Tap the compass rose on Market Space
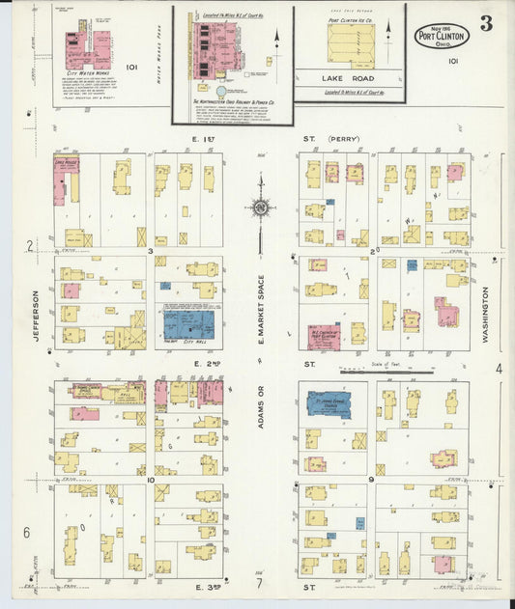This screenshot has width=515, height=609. [x=260, y=205]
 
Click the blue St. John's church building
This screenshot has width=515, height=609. [x=329, y=403]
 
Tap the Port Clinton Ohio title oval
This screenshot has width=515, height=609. [x=442, y=37]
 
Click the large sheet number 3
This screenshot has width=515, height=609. [x=485, y=24]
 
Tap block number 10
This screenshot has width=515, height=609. [x=151, y=479]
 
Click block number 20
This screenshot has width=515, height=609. [x=374, y=251]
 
